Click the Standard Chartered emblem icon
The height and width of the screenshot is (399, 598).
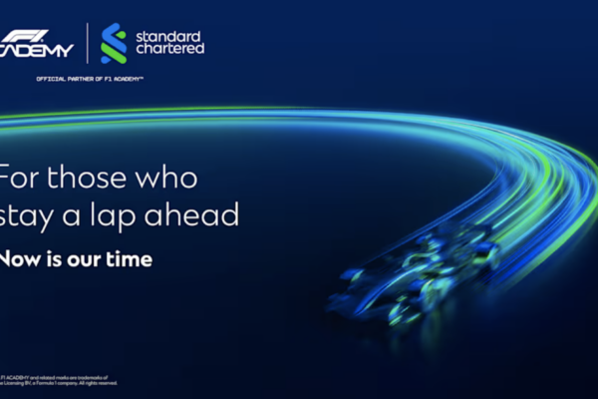[x=114, y=43]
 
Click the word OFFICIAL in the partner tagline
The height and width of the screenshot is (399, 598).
[x=50, y=77]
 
